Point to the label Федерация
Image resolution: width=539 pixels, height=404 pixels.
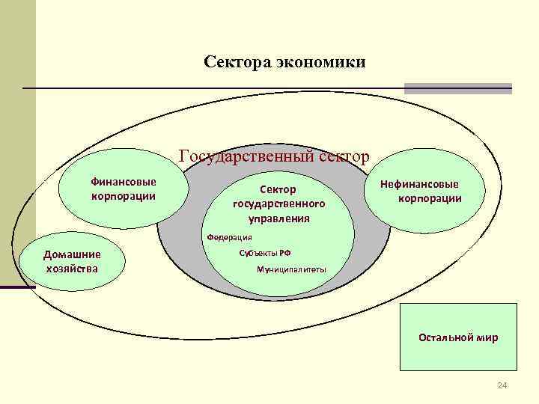pyautogui.click(x=230, y=236)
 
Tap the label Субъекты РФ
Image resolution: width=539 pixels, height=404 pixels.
pyautogui.click(x=260, y=253)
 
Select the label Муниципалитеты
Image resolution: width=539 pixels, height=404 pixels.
pyautogui.click(x=291, y=269)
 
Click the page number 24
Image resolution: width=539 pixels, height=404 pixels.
pyautogui.click(x=502, y=385)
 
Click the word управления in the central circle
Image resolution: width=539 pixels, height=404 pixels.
pyautogui.click(x=279, y=218)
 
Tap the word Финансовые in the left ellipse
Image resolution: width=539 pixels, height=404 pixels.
pyautogui.click(x=124, y=182)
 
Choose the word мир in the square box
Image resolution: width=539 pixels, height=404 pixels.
pyautogui.click(x=487, y=337)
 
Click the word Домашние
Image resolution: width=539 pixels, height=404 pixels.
pyautogui.click(x=73, y=255)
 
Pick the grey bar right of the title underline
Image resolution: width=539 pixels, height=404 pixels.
pyautogui.click(x=457, y=88)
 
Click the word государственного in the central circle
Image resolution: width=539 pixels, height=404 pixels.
pyautogui.click(x=278, y=203)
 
